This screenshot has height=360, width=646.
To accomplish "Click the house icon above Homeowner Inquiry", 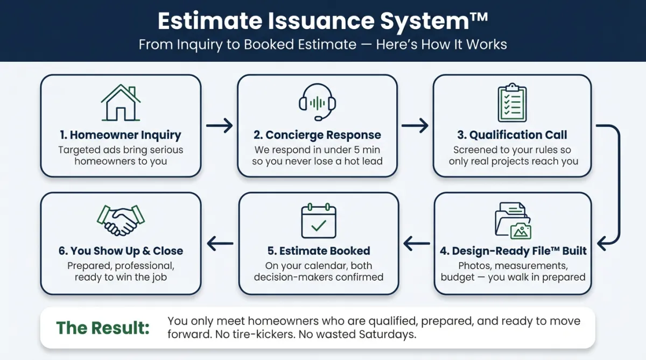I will [x=121, y=103].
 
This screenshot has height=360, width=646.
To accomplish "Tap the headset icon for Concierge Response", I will [x=318, y=102].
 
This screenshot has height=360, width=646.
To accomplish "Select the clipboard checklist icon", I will [x=512, y=103].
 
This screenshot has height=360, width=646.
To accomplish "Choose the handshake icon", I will [x=121, y=220].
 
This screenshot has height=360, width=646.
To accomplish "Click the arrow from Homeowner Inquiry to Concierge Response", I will [x=219, y=126].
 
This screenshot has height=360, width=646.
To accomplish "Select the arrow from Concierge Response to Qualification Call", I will [x=415, y=126].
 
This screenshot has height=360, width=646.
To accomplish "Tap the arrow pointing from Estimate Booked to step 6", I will [x=220, y=244].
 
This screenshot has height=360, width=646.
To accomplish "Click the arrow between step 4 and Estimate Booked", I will [x=416, y=244].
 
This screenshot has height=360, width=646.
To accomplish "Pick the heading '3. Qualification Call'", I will [x=512, y=135].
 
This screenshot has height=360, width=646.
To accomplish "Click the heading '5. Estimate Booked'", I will [x=319, y=251].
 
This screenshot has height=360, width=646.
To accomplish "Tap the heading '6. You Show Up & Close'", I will [x=121, y=251].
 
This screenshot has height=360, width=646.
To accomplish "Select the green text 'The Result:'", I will [x=103, y=327].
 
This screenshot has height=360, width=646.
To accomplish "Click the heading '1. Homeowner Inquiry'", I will [x=121, y=135].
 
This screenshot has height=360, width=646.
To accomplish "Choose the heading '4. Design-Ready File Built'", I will [x=512, y=251].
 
